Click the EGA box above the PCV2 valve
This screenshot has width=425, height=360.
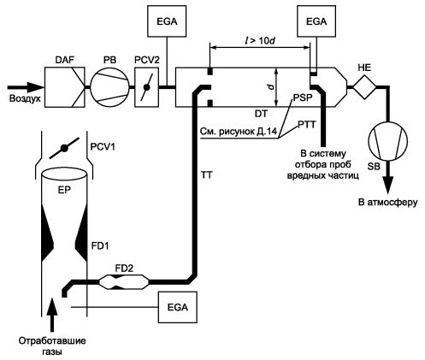pos(167,21)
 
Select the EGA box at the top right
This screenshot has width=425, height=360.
pos(316,21)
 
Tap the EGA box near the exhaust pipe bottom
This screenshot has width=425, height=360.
pos(178,307)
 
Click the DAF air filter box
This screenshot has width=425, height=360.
pos(65,87)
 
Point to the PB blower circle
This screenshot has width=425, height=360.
pos(109,87)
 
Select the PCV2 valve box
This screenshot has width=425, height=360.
pos(146,87)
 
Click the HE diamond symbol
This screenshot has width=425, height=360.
pos(364,87)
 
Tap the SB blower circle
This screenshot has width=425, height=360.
pos(388,140)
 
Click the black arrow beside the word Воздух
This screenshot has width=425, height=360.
pos(26,87)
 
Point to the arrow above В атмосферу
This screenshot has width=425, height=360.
pos(388,177)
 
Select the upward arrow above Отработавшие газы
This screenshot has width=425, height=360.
pos(52,315)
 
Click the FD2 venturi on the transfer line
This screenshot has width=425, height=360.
pos(124,282)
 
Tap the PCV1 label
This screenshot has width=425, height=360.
pos(103,147)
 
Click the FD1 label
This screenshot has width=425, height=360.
pos(100,245)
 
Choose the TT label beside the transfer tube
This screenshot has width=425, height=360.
pos(207,174)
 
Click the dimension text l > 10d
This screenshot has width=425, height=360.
pos(260,41)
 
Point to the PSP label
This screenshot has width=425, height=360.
pos(303,97)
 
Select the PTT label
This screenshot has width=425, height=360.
pos(307,124)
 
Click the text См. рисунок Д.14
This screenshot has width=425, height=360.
pos(238,132)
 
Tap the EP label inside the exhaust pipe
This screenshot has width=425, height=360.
pos(64,190)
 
